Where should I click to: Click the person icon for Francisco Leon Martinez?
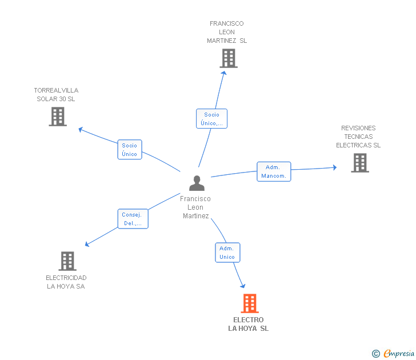coord(197,183)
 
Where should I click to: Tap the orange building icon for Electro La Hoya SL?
coord(249,303)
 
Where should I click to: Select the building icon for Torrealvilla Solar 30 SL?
coord(57,117)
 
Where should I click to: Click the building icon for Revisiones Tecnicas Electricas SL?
coord(359,163)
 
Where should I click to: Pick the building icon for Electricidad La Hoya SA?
coord(67,261)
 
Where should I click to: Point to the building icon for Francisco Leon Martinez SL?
coord(228,58)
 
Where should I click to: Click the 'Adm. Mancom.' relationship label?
coord(274,171)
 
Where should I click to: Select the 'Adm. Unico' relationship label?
coord(227,253)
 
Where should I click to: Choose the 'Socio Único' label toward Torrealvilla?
coord(130,150)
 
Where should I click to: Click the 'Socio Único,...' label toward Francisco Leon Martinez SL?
coord(211,119)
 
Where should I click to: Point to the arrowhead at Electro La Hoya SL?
coord(243,285)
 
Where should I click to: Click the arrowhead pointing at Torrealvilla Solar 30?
coord(81,129)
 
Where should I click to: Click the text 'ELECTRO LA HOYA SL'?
coord(248,324)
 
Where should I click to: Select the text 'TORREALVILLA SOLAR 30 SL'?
coord(56,94)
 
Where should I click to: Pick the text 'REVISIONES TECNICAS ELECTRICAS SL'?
coord(358,137)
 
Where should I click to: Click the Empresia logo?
coord(398,354)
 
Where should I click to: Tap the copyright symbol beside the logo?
coord(375,354)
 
